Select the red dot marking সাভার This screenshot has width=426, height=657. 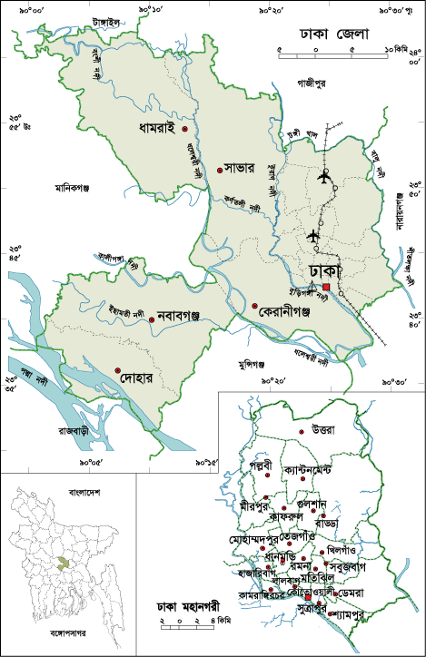[x=220, y=170]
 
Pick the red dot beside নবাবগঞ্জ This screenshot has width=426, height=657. [x=152, y=318]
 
